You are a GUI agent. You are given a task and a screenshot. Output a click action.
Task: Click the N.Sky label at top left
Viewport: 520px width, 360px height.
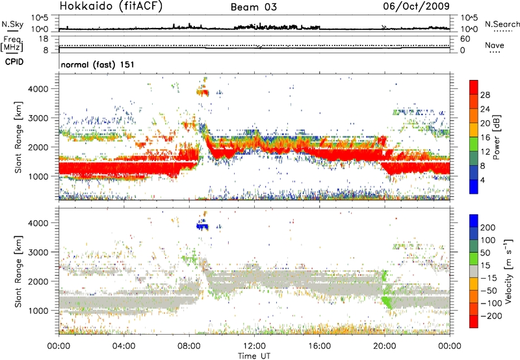tap(10, 24)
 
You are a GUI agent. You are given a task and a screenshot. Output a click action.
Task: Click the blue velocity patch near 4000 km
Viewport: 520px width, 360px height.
tap(204, 226)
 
